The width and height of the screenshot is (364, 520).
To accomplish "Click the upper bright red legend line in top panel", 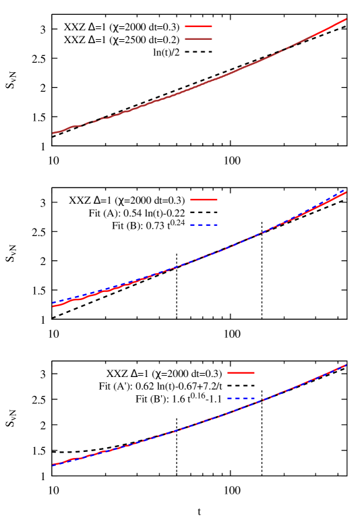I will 198,26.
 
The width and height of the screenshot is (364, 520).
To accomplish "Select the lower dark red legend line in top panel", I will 198,38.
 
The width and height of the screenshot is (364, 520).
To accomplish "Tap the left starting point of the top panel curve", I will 53,133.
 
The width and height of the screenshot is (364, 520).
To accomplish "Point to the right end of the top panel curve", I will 346,19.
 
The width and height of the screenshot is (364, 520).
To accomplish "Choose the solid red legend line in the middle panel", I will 204,200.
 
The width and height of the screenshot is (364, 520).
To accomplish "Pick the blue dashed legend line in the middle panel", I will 204,225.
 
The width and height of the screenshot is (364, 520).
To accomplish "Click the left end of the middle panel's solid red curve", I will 53,306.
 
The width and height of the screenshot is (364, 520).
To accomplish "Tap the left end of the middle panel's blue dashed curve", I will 53,303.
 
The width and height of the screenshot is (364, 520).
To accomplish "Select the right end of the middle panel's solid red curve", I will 346,193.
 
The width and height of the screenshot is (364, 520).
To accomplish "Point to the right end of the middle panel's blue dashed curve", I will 346,190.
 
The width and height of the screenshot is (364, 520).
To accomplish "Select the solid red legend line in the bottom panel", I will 241,372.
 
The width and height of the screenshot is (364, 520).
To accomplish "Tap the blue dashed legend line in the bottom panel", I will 241,398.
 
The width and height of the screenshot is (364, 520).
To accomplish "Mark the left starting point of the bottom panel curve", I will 53,465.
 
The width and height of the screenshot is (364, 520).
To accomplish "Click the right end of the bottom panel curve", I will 346,365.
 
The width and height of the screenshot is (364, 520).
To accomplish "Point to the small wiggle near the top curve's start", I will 71,127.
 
